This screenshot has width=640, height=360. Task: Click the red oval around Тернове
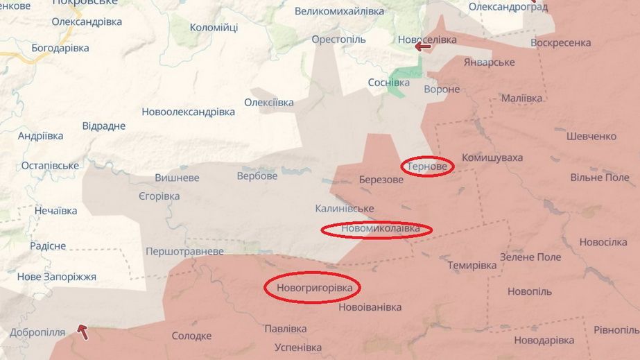pos(428,167)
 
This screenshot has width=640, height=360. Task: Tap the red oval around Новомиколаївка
pos(376,229)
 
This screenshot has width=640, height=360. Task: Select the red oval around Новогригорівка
pos(314,287)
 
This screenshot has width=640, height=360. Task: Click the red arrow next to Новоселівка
pos(422,47)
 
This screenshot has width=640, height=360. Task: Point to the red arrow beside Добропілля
pos(83,332)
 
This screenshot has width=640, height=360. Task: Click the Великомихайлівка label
pos(338,11)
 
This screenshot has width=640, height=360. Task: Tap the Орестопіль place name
pos(338,40)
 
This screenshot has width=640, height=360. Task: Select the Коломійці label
pos(214,28)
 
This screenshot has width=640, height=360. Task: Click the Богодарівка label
pos(60,48)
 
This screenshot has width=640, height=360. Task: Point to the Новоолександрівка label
pos(188,112)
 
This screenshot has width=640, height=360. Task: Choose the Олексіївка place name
pos(268,103)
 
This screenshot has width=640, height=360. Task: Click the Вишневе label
pos(177,178)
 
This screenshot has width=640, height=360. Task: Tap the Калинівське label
pos(344,208)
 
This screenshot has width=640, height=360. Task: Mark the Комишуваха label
pos(492,157)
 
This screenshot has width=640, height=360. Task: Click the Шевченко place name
pos(591,137)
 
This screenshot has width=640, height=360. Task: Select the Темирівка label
pos(472,265)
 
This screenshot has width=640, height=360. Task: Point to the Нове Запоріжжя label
pos(56,277)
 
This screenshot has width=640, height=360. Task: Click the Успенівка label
pos(298,347)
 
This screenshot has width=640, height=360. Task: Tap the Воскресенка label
pos(560,42)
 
